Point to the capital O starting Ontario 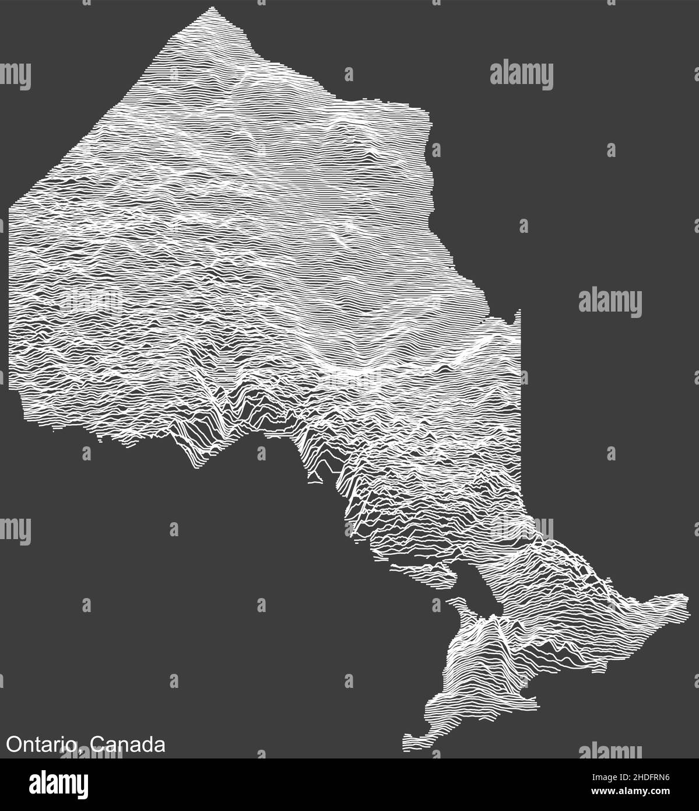coord(12,745)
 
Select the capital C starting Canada coord(98,745)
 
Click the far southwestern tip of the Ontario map coord(406,744)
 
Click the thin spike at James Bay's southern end coord(518,315)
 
